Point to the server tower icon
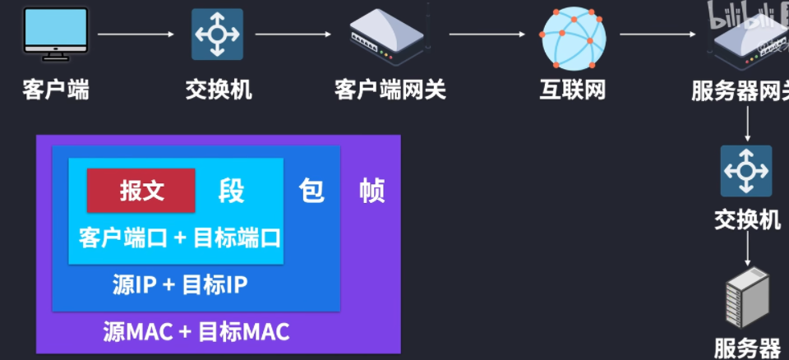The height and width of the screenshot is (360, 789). pyautogui.click(x=747, y=301)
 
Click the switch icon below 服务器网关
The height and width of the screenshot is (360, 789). pyautogui.click(x=746, y=171)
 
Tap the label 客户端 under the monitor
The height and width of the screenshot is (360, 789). pyautogui.click(x=56, y=89)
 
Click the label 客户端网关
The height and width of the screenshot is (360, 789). pyautogui.click(x=390, y=89)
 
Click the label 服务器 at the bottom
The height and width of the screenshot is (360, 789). pyautogui.click(x=747, y=347)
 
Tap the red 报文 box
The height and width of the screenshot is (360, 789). pyautogui.click(x=141, y=191)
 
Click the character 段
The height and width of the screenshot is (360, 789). pyautogui.click(x=231, y=192)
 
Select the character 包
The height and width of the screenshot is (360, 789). pyautogui.click(x=311, y=192)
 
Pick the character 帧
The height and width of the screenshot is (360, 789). pyautogui.click(x=372, y=192)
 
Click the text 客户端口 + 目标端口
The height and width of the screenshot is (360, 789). pyautogui.click(x=180, y=238)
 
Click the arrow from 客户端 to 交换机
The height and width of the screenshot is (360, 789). pyautogui.click(x=136, y=35)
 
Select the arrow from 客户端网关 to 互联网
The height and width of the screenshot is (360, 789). pyautogui.click(x=487, y=35)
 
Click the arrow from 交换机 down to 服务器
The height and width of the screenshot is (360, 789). pyautogui.click(x=747, y=247)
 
